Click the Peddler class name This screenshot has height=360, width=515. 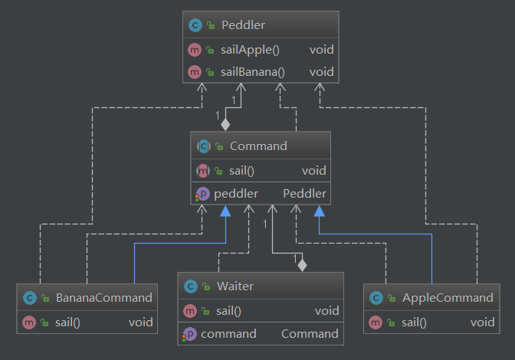(x=243, y=26)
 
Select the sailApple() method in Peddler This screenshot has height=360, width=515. (x=251, y=50)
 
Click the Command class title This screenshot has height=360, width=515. (x=257, y=146)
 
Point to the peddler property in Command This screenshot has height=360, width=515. (x=235, y=193)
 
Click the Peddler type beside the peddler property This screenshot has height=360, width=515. (x=304, y=193)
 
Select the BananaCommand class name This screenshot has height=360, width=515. (x=103, y=297)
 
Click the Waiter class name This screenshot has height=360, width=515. (x=235, y=286)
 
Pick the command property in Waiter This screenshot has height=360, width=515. (x=228, y=333)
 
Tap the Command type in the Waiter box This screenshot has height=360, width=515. (x=310, y=333)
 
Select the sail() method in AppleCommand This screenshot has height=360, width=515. (x=415, y=322)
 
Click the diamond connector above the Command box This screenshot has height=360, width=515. (x=225, y=123)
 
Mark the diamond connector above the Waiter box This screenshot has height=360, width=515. (x=302, y=265)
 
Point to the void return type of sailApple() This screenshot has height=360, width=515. (x=321, y=50)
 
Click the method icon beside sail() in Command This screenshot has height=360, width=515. (x=204, y=170)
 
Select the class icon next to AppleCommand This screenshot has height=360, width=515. (x=375, y=297)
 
